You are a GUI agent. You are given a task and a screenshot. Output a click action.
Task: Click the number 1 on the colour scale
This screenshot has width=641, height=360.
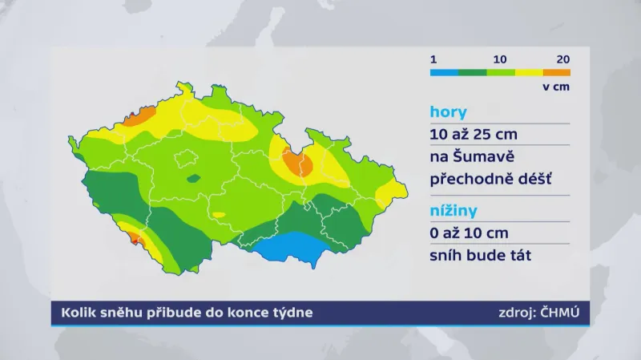(x=433, y=59)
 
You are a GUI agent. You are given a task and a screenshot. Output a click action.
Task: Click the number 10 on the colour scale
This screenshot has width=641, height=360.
(x=500, y=59)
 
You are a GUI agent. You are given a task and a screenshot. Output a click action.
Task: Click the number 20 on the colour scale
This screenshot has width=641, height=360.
(x=562, y=59)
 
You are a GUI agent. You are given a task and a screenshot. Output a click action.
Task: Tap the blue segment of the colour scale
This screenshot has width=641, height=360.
(x=444, y=72)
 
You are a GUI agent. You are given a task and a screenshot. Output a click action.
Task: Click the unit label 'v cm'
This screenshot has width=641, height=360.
(x=556, y=87)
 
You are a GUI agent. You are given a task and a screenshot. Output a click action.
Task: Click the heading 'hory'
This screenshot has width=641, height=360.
(x=449, y=111)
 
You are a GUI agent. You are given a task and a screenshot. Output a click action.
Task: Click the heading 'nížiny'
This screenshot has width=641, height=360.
(x=454, y=211)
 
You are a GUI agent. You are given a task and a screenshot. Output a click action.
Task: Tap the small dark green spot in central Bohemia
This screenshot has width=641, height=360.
(x=193, y=179)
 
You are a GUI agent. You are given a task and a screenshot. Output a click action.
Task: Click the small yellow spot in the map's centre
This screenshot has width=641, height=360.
(x=218, y=215)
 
